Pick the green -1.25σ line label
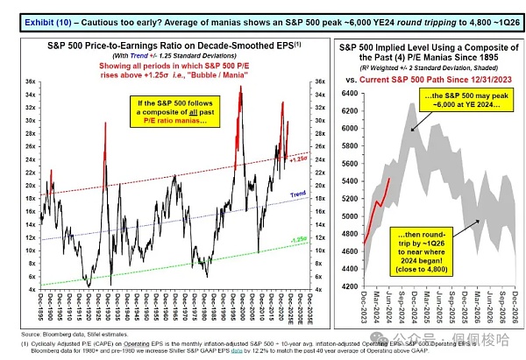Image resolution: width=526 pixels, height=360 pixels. (298, 238)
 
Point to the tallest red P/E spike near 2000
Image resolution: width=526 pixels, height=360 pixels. (240, 88)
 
